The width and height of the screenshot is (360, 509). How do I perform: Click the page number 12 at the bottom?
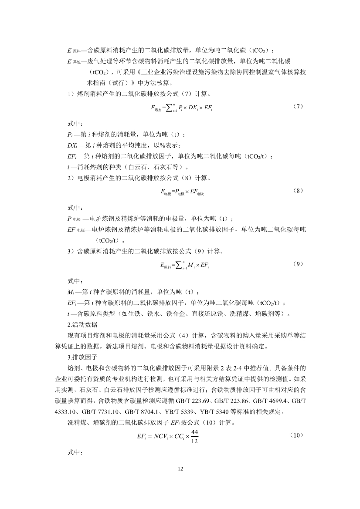point(180,469)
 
